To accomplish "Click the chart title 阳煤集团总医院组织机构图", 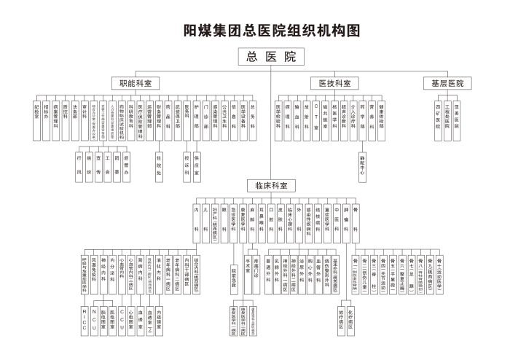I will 272,31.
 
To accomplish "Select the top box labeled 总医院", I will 271,57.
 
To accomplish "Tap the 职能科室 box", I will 135,83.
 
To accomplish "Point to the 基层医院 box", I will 447,83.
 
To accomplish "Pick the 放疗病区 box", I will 340,318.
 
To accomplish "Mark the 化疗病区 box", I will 350,318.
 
